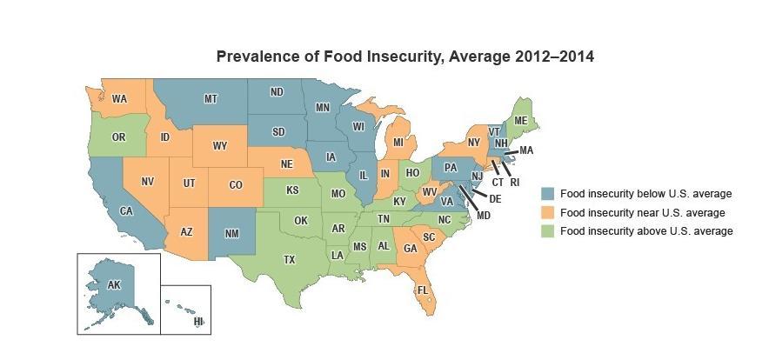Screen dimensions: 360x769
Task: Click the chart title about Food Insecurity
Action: coord(405,57)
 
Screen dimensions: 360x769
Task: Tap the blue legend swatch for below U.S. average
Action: coord(548,193)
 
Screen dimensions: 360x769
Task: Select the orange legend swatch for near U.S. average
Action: coord(548,212)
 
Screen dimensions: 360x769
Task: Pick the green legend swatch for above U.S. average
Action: coord(548,231)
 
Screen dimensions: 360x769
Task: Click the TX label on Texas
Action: coord(290,259)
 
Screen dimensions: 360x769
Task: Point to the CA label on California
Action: coord(125,210)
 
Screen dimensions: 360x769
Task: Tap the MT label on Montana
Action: coord(211,99)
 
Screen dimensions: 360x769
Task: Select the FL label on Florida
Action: coord(422,290)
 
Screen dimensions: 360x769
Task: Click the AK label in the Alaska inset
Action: coord(114,284)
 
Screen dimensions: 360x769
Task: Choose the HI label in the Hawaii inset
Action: coord(198,322)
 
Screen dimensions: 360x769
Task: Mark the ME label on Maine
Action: coord(521,120)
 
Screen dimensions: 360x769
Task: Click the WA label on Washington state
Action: coord(119,98)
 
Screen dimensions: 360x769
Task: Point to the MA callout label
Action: coord(525,151)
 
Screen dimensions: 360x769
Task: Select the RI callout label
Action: coord(514,183)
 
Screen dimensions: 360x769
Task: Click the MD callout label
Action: coord(484,214)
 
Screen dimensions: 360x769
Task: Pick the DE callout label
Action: coord(495,198)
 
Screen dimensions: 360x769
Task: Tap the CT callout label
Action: coord(498,183)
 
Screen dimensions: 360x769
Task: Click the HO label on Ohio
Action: coord(412,172)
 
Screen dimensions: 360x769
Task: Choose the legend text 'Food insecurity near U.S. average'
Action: coord(643,212)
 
